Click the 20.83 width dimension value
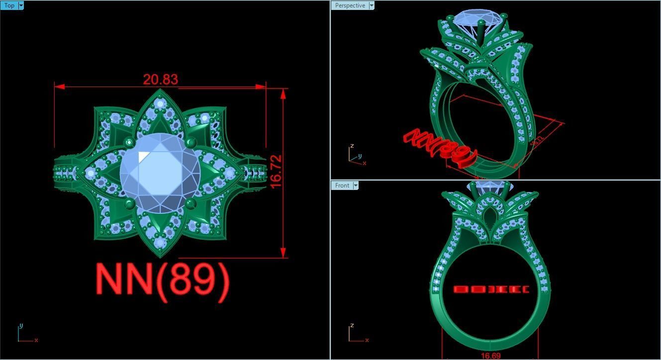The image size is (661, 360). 160,80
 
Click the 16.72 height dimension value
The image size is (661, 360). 277,172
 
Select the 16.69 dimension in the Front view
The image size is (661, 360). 490,356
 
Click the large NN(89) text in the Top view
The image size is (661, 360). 163,280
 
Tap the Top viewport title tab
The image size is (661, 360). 9,5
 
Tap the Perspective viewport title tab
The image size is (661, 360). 350,5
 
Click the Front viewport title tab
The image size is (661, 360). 342,185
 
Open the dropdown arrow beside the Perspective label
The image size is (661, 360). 371,5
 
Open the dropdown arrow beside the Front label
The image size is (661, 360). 355,185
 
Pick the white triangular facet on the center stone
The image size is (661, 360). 143,156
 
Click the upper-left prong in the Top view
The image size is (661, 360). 129,143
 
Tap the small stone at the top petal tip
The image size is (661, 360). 160,104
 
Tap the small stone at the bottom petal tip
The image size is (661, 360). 160,243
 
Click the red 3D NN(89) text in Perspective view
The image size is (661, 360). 441,147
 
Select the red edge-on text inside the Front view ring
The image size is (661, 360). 491,289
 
